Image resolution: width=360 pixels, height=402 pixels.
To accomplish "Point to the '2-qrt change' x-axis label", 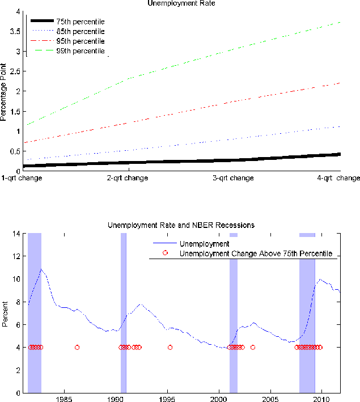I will [x=128, y=178].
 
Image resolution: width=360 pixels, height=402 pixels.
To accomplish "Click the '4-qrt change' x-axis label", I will [x=338, y=178].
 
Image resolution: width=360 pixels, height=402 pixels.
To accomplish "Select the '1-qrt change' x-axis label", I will [x=22, y=178].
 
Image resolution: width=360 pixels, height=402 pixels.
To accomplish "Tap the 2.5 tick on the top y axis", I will [x=18, y=71].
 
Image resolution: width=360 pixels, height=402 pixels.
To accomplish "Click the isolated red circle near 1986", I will [x=77, y=348].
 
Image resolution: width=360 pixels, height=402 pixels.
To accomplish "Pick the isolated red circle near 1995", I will [x=170, y=348].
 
